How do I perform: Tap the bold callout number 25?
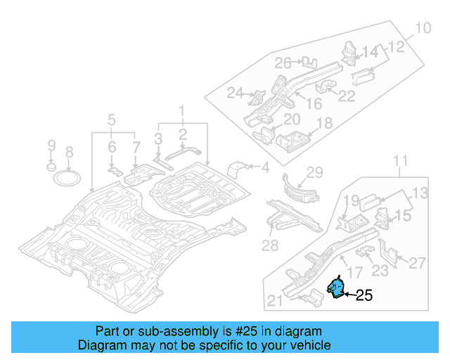tap(364, 296)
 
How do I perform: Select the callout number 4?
tap(265, 167)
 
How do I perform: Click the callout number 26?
tap(283, 63)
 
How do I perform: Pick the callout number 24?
tap(234, 93)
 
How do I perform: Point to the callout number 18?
tap(324, 124)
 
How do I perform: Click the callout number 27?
tap(417, 263)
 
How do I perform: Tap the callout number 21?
tap(275, 302)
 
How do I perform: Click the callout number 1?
tap(181, 110)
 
